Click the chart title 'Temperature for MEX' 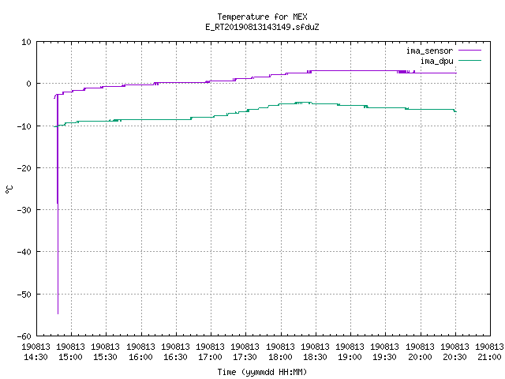(x=262, y=17)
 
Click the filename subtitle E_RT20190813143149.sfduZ (x=262, y=27)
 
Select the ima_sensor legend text (x=429, y=51)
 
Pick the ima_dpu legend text (x=436, y=61)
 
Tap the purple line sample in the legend (x=469, y=51)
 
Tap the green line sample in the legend (x=469, y=60)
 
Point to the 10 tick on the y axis (x=26, y=42)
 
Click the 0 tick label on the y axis (x=29, y=84)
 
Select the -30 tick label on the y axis (x=24, y=210)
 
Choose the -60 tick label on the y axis (x=24, y=336)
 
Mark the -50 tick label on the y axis (x=24, y=295)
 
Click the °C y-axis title (x=9, y=189)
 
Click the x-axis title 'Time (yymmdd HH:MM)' (x=262, y=372)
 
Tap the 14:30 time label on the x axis (x=36, y=357)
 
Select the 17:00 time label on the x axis (x=211, y=357)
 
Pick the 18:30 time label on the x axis (x=315, y=357)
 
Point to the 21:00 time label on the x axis (x=489, y=357)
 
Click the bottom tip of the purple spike (x=58, y=313)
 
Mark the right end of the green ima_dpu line (x=456, y=111)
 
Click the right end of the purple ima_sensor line (x=456, y=73)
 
